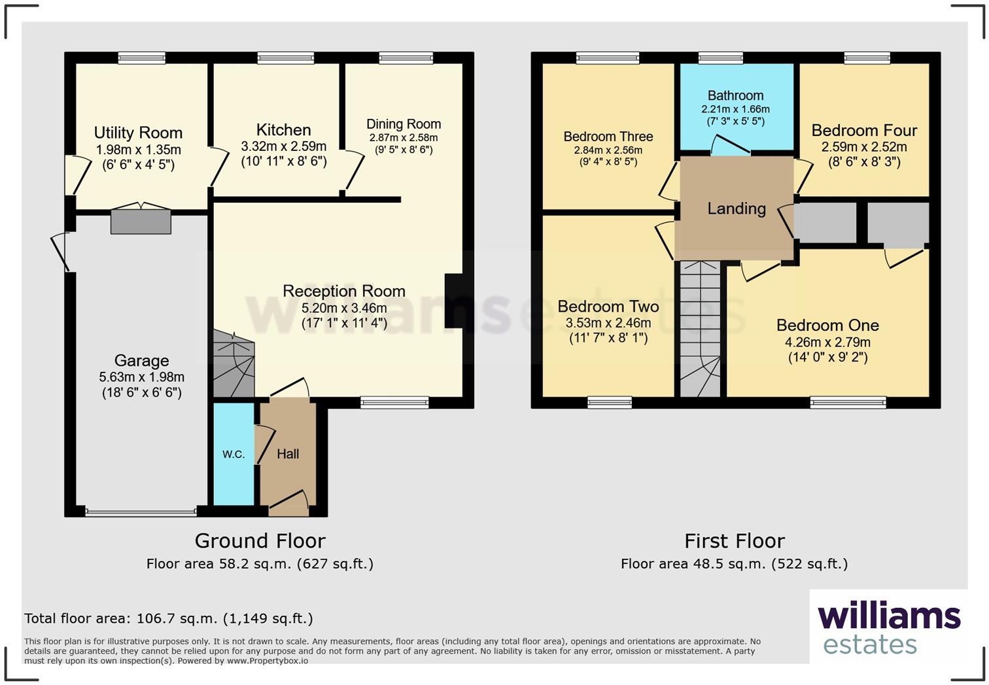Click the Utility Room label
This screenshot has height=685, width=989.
coord(138,133)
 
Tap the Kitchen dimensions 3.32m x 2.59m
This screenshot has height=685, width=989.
coord(283,146)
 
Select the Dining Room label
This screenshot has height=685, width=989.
coord(403,124)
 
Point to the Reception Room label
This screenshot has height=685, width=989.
coord(343,291)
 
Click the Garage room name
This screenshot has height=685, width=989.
coord(141,361)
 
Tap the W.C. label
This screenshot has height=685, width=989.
coord(234,454)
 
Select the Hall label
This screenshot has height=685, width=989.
coord(288,454)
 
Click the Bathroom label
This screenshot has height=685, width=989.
coord(735,95)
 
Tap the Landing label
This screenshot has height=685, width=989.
coord(737,209)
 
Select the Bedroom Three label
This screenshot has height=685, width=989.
coord(608,137)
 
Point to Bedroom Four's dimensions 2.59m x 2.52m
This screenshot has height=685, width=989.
coord(864,147)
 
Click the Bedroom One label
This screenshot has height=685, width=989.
coord(827,326)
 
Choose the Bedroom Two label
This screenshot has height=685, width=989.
coord(608,307)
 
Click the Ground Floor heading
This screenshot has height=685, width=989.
coord(260,541)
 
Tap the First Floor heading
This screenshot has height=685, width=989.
coord(734,541)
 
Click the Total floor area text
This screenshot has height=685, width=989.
coord(169,618)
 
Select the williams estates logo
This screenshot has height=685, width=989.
coord(888,627)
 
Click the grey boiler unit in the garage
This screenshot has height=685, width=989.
coord(141,222)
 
